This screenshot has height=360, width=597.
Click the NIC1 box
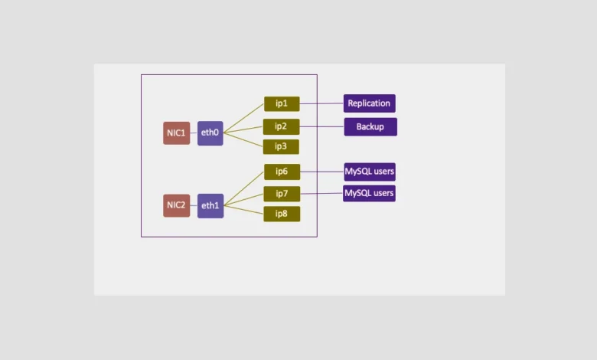pos(176,133)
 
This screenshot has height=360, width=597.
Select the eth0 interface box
pos(210,133)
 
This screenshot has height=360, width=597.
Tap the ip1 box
pos(282,103)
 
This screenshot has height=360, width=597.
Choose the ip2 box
pos(282,126)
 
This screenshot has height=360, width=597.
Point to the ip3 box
pos(282,146)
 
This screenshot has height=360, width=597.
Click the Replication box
pos(370,103)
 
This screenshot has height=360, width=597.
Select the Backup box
pos(370,126)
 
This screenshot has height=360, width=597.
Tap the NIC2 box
pos(176,205)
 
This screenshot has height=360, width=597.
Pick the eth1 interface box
pos(210,205)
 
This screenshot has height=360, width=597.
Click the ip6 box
pos(282,172)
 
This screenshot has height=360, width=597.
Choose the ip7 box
pos(282,194)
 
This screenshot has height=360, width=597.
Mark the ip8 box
pos(282,214)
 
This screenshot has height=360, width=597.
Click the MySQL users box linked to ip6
pos(370,172)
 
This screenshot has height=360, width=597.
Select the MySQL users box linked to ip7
pos(370,193)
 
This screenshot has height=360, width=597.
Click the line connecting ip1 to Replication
pos(321,103)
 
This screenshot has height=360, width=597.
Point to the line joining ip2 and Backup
pos(321,126)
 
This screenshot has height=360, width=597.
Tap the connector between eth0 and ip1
pos(244,117)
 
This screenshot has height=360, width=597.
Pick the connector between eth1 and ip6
pos(244,188)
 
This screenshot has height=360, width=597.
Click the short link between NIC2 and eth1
pos(194,205)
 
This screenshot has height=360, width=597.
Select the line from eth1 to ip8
pos(244,209)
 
